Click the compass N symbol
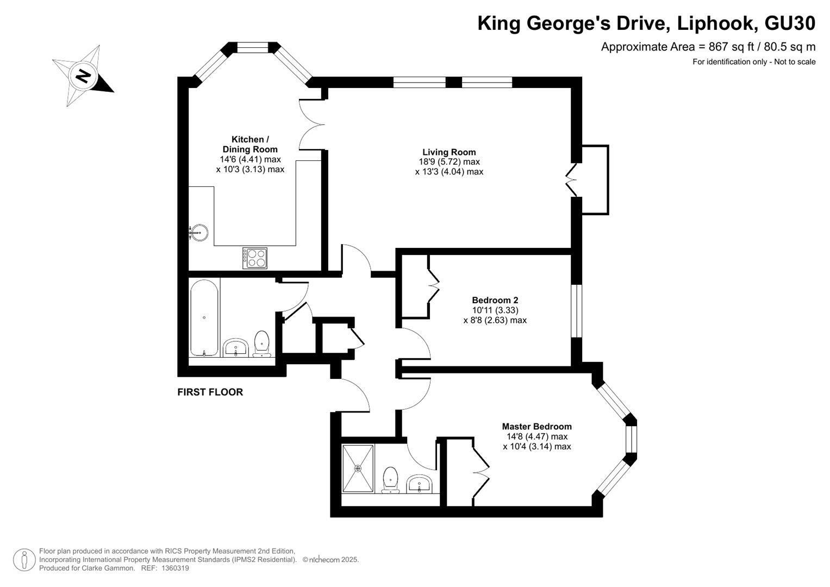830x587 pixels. (x=83, y=76)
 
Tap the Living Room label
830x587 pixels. (x=449, y=152)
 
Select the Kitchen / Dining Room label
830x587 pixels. (x=250, y=144)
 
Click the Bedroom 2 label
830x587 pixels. (x=495, y=300)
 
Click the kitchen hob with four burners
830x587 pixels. (x=254, y=258)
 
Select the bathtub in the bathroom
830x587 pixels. (x=204, y=318)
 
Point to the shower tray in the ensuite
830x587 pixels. (x=358, y=469)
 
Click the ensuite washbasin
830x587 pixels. (x=420, y=484)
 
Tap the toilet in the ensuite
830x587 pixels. (x=391, y=480)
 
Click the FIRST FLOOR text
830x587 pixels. (x=210, y=392)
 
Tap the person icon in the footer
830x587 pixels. (x=24, y=560)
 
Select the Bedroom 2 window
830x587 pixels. (x=577, y=310)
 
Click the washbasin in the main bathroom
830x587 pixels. (x=236, y=348)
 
